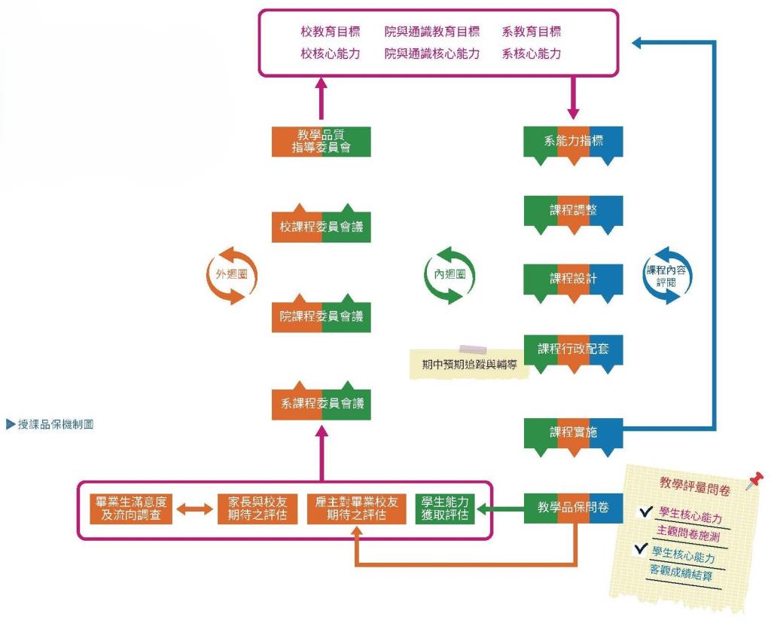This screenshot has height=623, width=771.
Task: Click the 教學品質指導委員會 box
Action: (321, 142)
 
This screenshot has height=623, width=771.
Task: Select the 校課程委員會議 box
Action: (321, 226)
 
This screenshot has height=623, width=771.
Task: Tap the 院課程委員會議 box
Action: (321, 316)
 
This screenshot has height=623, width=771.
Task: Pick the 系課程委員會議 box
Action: (321, 403)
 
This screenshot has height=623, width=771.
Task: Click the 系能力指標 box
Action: (573, 142)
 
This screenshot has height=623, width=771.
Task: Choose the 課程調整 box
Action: (573, 211)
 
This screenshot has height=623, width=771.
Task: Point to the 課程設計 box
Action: (573, 279)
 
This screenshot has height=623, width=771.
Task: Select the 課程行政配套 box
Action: (573, 350)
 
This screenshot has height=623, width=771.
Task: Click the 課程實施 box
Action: (573, 433)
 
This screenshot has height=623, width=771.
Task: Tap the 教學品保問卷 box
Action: (573, 508)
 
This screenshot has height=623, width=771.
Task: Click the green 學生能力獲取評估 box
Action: (445, 508)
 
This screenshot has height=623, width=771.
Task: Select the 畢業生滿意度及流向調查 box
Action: (131, 508)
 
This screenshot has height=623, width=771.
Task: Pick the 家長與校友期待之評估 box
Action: (258, 508)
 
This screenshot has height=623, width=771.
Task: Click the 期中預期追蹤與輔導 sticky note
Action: (469, 364)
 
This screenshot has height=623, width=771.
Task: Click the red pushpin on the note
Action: (754, 480)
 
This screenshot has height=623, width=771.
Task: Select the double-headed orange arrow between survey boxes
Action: (195, 509)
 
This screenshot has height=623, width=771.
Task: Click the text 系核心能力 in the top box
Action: (532, 53)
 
